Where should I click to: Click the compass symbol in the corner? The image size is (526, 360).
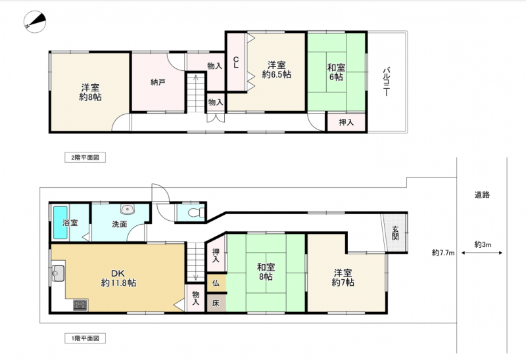tap(35, 22)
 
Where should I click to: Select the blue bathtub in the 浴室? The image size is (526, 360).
tap(60, 223)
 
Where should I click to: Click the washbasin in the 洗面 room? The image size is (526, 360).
tap(128, 210)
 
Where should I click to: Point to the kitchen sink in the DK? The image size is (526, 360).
tap(58, 273)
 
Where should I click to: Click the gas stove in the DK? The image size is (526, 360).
tap(80, 305)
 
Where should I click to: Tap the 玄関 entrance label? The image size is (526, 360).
tap(395, 233)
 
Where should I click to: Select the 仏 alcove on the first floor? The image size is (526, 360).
tap(216, 283)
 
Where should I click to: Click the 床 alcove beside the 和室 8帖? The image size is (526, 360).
tap(216, 303)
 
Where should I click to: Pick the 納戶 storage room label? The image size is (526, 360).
tap(158, 81)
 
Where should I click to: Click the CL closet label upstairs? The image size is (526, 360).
tap(236, 62)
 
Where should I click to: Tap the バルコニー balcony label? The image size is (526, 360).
tap(386, 81)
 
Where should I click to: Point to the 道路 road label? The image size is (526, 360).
tap(482, 194)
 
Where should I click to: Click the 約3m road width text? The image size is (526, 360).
tap(483, 244)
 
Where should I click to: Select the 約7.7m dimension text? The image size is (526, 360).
tap(443, 253)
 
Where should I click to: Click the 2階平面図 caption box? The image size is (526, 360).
tap(85, 158)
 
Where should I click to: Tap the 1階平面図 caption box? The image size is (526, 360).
tap(85, 338)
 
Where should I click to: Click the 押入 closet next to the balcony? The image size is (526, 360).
tap(347, 122)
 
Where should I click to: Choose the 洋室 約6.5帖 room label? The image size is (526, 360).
tap(276, 70)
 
